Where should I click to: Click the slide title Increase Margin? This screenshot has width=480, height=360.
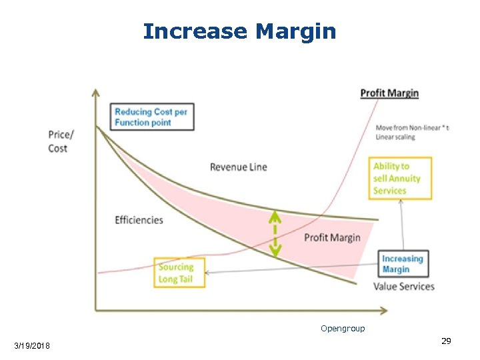tap(239, 31)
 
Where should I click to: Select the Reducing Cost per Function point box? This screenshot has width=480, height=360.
tap(151, 117)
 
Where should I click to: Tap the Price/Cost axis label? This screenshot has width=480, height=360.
tap(61, 141)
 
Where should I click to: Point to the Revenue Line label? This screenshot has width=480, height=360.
tap(238, 167)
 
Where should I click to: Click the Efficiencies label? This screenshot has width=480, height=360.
tap(139, 220)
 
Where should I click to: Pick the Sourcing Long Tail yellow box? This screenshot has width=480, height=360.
tap(179, 273)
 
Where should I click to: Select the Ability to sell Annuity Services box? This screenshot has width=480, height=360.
tap(400, 179)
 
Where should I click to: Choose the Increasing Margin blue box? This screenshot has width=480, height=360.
tap(402, 264)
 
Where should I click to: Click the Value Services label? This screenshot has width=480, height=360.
tap(403, 287)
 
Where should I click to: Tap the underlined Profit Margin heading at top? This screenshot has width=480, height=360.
tap(389, 93)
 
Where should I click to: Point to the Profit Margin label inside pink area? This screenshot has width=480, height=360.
tap(332, 237)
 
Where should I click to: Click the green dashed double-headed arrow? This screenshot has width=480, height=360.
tap(275, 233)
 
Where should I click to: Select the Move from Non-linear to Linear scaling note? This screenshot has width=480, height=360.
tap(411, 132)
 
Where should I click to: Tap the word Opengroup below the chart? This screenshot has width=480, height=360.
tap(343, 329)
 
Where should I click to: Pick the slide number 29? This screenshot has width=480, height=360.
tap(446, 341)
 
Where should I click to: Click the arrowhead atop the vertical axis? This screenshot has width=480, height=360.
tap(96, 92)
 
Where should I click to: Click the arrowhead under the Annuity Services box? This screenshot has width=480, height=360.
tap(401, 203)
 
